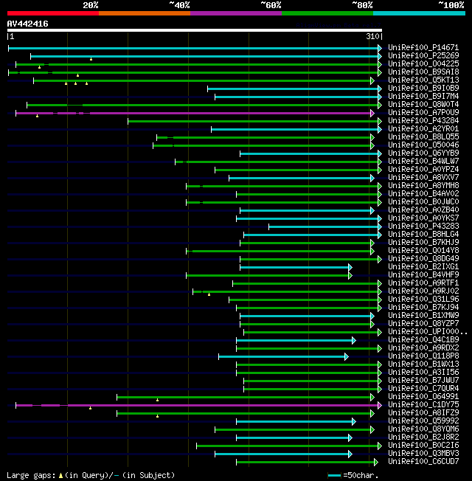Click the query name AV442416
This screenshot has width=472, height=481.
[x=28, y=24]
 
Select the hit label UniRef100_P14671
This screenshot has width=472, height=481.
[x=423, y=48]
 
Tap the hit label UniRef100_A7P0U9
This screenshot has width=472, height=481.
[x=423, y=113]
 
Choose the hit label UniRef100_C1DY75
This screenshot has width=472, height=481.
[x=423, y=405]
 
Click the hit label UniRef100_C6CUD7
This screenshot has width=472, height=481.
[x=423, y=462]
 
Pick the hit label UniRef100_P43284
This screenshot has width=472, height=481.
[x=423, y=121]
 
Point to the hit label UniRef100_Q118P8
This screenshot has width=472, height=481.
[x=423, y=356]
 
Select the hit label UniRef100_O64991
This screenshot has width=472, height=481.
[x=423, y=397]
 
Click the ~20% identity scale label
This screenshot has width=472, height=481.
[x=91, y=5]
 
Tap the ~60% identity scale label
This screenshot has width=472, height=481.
[x=271, y=5]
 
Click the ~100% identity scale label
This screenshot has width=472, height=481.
[x=451, y=5]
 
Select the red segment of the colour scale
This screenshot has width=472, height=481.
[x=52, y=13]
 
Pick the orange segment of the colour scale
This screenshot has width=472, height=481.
[x=144, y=13]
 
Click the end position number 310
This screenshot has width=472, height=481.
[x=372, y=36]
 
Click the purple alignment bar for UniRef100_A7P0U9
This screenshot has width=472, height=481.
[x=221, y=113]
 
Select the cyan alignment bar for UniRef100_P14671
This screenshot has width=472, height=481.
[x=192, y=48]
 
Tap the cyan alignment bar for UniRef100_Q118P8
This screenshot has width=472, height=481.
[x=280, y=356]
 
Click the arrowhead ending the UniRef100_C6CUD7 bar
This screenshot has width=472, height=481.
[x=374, y=462]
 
